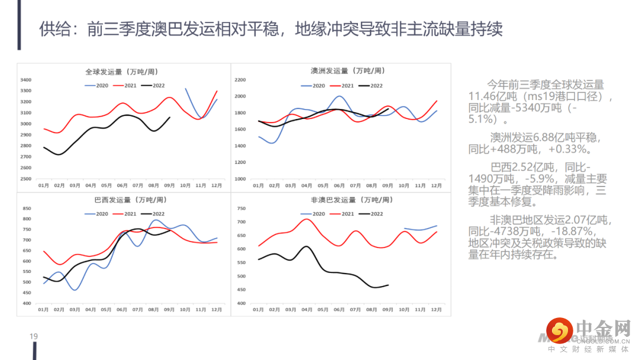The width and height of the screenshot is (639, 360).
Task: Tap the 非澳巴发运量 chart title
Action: pos(341,200)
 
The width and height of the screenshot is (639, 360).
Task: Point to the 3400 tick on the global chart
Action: pos(26,80)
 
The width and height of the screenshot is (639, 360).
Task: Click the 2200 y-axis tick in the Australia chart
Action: pos(241,79)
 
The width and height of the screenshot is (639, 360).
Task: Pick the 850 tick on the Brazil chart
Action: pos(26,208)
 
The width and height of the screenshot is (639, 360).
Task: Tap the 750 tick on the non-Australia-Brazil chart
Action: pos(241,208)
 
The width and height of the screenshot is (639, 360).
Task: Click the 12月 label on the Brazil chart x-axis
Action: pos(217,310)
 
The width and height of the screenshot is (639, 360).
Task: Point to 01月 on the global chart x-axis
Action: pos(44,185)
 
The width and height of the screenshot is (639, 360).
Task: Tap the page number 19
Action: pos(34,336)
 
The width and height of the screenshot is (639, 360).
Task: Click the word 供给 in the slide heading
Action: pos(52,29)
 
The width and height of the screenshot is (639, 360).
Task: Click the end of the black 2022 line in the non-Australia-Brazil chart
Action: pos(389,285)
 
